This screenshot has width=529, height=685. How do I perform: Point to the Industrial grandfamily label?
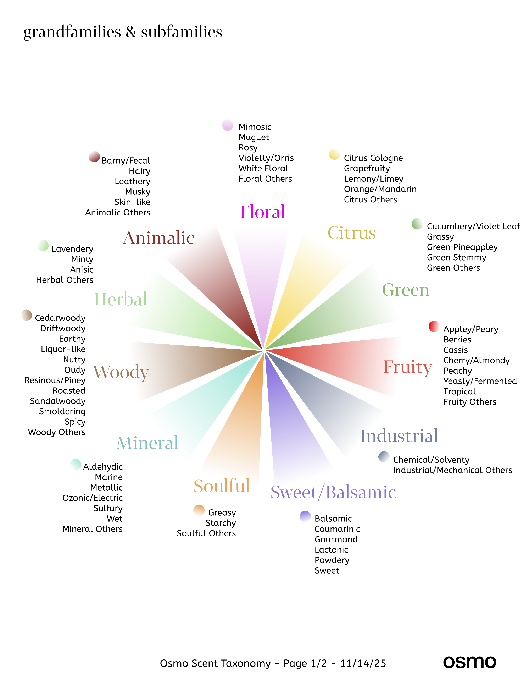[399, 436]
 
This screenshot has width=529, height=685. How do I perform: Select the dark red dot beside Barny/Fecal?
[94, 157]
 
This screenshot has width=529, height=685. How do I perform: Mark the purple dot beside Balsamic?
[305, 516]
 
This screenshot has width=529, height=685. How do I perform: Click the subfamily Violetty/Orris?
[266, 158]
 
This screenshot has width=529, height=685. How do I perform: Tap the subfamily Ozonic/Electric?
[93, 498]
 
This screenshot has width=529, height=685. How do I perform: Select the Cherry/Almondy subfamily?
[476, 360]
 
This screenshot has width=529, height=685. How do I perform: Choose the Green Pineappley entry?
[462, 247]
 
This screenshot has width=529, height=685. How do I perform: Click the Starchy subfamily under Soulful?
[221, 523]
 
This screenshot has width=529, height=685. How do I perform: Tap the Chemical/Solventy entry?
[431, 460]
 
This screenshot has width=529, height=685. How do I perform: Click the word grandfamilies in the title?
[72, 32]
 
